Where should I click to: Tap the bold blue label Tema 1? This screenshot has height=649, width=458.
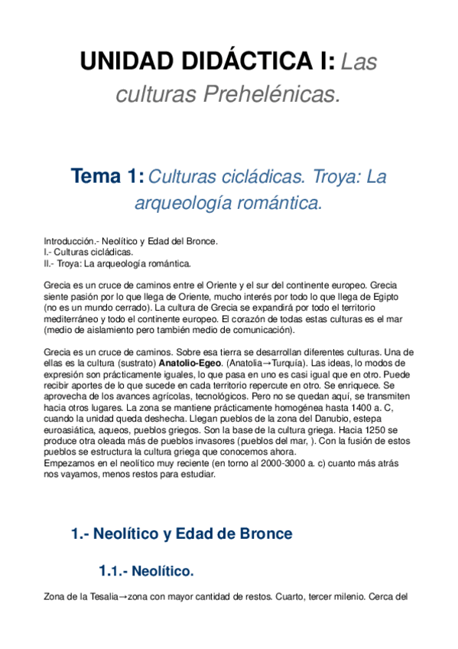point(107,177)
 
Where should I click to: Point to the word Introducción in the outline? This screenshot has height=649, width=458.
point(69,241)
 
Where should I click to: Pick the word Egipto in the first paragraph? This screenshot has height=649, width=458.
point(385,296)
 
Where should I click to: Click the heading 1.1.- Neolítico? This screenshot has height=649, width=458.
point(146,571)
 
